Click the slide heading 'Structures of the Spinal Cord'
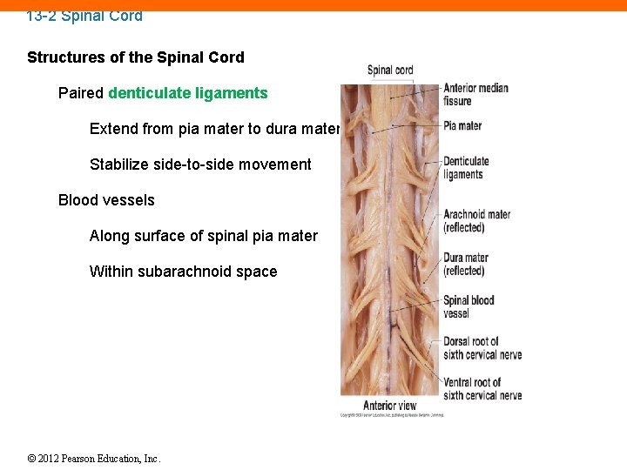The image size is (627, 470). (136, 57)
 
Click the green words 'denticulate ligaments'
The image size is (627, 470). (188, 93)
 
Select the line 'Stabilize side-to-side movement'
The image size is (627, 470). (200, 164)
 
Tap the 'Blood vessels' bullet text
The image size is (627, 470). (106, 200)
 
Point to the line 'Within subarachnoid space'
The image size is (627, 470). (183, 272)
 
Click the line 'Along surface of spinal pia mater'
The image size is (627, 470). (203, 236)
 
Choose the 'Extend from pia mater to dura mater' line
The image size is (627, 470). (214, 129)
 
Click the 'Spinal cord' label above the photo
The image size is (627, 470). (390, 70)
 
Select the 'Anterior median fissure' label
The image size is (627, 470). (475, 94)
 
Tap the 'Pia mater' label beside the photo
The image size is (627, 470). (462, 126)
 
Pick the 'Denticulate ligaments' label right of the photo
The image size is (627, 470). (466, 168)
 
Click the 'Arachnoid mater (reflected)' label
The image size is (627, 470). (476, 221)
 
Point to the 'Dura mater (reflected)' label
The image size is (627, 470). (465, 264)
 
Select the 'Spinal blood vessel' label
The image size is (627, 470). (469, 306)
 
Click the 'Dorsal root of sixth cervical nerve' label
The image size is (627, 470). (482, 348)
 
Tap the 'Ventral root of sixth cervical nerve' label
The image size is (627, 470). (482, 388)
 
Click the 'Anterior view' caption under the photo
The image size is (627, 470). (389, 405)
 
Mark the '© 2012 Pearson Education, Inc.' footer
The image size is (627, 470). (94, 459)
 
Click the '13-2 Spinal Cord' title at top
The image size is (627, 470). (84, 16)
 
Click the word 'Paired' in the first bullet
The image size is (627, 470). (81, 93)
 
